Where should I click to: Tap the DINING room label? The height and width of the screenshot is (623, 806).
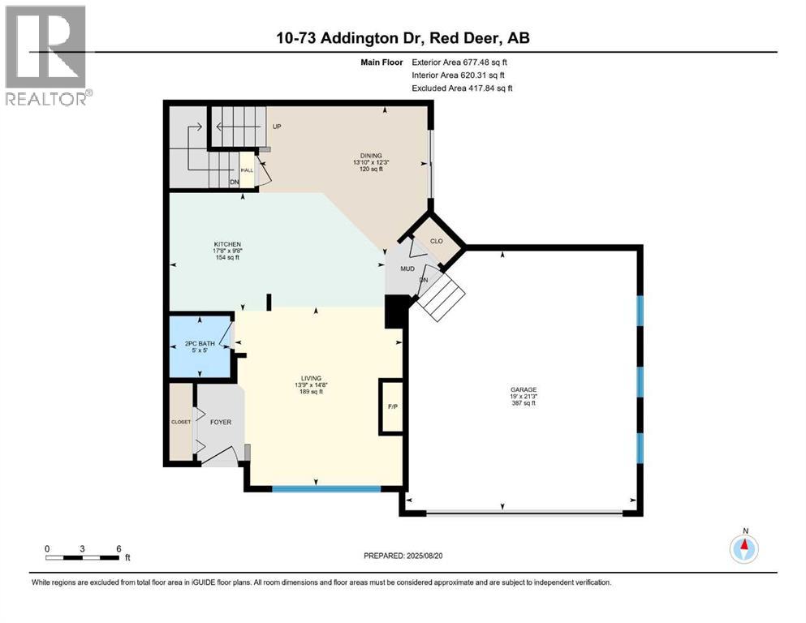coord(372,156)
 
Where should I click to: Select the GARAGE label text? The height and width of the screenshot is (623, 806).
coord(524,389)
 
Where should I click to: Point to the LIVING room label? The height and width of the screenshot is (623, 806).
coord(311,378)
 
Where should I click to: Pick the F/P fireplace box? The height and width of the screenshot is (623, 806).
coord(391,406)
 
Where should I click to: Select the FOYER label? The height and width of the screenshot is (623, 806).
coord(221,422)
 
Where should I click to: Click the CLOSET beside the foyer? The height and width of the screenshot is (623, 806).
coord(179,422)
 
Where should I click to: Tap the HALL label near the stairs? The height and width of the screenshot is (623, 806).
coord(246,170)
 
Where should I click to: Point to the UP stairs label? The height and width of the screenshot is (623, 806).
coord(277,127)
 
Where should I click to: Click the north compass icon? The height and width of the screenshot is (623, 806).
coord(744,549)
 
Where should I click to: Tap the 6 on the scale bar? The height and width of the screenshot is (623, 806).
coord(119,548)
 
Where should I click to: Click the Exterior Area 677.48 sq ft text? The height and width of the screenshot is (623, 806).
coord(463,62)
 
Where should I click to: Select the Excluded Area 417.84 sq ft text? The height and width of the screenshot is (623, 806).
coord(463,88)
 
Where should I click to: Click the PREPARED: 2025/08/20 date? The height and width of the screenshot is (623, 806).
coord(403,556)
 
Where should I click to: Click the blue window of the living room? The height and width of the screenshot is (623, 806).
coord(325,488)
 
